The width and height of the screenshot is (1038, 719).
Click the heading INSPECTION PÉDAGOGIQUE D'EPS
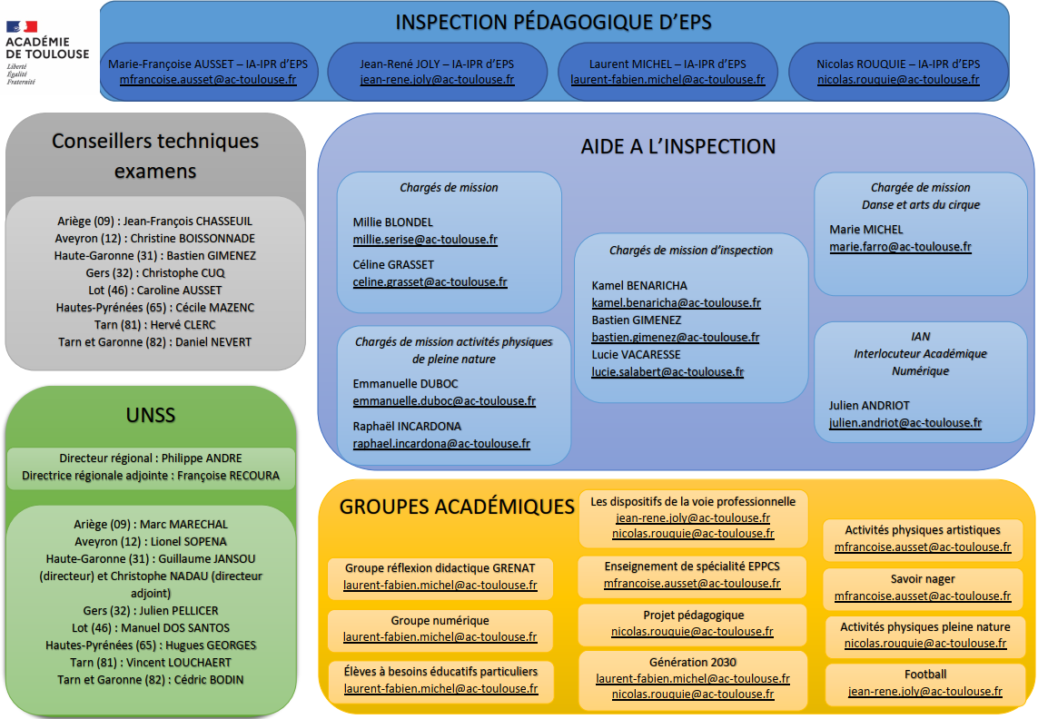[553, 23]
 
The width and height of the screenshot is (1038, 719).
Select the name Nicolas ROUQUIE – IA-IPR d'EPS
[898, 64]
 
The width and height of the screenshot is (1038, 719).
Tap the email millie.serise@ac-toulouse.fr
[425, 240]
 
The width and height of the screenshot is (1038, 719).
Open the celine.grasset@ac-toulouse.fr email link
[430, 282]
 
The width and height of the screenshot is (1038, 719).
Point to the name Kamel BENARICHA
[639, 285]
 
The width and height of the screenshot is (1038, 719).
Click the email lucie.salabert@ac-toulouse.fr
[667, 371]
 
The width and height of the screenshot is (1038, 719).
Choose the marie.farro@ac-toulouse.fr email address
[900, 247]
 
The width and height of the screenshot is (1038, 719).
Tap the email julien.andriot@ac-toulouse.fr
[905, 422]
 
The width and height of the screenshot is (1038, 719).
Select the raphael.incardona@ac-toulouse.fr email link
[441, 444]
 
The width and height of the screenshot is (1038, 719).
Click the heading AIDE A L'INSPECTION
[678, 146]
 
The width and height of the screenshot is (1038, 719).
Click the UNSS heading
[151, 416]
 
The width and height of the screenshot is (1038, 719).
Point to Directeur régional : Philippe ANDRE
[151, 458]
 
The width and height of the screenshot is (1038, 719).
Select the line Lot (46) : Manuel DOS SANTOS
[151, 628]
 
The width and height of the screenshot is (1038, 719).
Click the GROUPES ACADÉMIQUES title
[457, 507]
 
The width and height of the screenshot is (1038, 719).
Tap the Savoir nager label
[923, 579]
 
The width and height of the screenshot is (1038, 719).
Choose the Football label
[925, 675]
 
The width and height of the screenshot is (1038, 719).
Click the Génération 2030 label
[692, 662]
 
